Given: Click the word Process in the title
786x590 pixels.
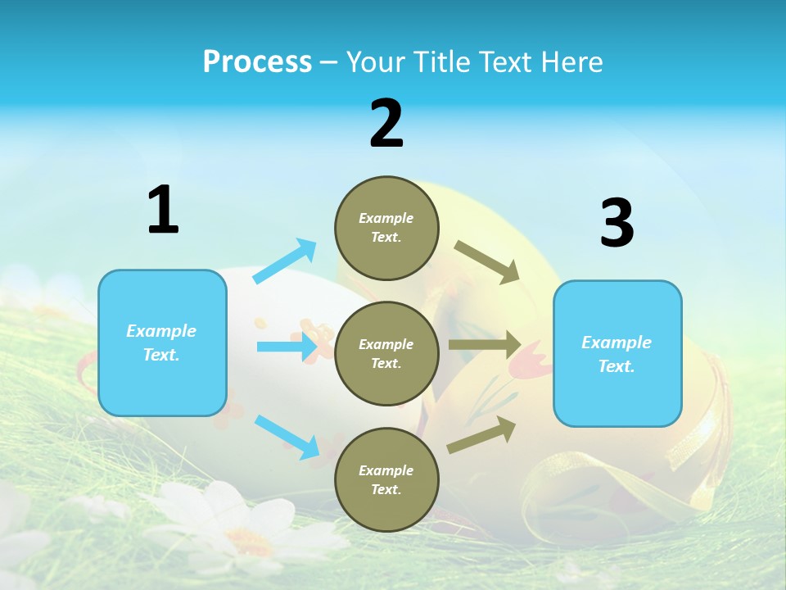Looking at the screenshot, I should click(257, 62).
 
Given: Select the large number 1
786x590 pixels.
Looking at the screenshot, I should click(163, 211).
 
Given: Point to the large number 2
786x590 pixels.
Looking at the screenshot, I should click(386, 124).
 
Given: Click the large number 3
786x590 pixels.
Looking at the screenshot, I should click(617, 223).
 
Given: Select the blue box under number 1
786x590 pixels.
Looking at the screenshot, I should click(162, 343).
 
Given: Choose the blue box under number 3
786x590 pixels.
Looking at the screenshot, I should click(617, 353).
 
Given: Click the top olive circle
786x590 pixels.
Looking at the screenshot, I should click(386, 228).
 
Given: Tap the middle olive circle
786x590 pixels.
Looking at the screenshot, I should click(386, 353).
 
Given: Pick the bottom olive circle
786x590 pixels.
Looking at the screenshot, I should click(386, 479).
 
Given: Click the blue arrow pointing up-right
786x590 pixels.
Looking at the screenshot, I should click(285, 261).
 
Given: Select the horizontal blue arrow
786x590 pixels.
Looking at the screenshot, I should click(287, 347).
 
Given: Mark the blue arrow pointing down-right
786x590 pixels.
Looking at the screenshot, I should click(287, 437).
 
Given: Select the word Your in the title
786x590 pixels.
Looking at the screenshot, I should click(375, 62).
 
